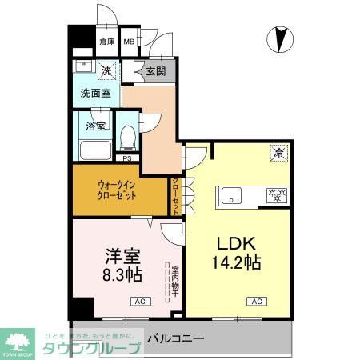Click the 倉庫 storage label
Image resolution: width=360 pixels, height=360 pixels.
coord(106,42)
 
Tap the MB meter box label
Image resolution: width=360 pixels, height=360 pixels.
coord(128,42)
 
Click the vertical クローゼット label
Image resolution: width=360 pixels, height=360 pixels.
coord(176,197)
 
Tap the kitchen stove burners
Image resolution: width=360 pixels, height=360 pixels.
coord(276,194)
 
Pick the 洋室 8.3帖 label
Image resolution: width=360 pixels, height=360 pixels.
coord(123,264)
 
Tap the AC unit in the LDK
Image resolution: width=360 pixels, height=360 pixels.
coord(257,301)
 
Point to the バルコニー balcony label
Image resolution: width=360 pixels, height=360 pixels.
coord(176,338)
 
